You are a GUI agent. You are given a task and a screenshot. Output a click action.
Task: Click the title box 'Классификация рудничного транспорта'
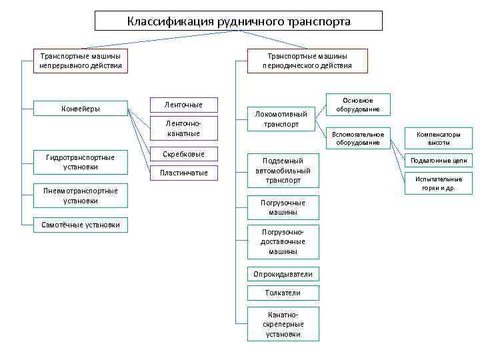coord(239,21)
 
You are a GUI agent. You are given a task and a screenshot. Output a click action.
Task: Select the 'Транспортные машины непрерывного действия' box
coord(81,61)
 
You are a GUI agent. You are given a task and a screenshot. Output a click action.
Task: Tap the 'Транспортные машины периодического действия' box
coord(307,61)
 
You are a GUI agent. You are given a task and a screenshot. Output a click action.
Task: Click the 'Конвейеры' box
coord(81,109)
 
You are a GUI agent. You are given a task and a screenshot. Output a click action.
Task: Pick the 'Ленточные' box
coord(183,105)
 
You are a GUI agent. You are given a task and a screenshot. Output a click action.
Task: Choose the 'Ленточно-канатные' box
coord(183,129)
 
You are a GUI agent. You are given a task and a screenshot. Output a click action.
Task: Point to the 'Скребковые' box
coord(183,154)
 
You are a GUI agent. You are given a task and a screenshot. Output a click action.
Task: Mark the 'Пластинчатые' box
coord(183,173)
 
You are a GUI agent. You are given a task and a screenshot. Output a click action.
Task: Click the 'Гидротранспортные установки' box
coord(81,162)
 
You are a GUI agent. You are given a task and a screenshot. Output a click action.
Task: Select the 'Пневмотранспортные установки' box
coord(81,195)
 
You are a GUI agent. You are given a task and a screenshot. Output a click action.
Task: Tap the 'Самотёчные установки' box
coord(81,225)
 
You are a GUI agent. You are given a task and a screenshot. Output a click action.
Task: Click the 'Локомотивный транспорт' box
coord(281,119)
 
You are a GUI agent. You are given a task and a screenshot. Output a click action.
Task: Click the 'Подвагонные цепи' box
coord(439,161)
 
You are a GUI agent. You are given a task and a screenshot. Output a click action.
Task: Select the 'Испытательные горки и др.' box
coord(439,183)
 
